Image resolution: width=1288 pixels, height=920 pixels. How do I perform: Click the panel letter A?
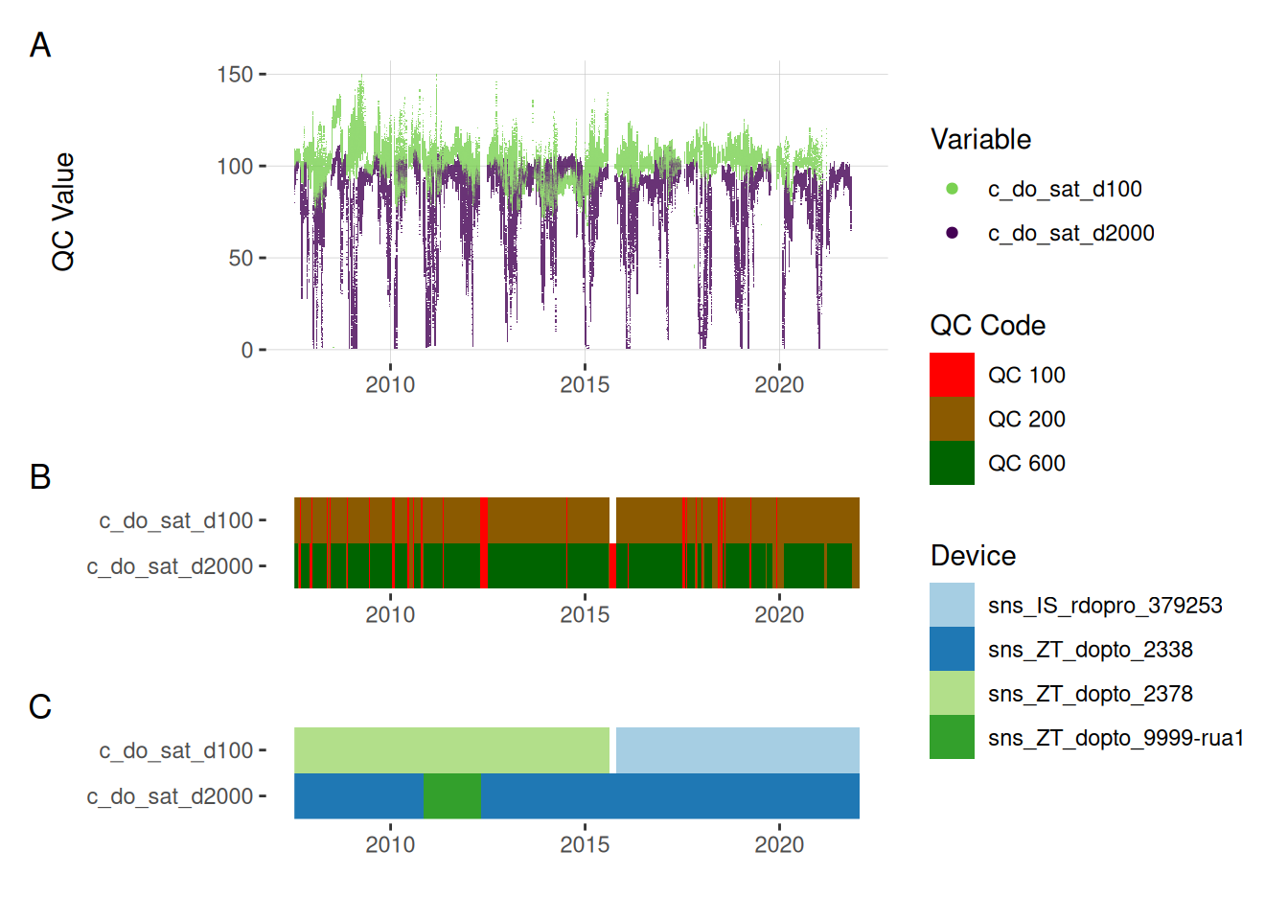pos(40,45)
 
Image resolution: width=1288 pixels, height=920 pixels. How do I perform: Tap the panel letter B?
pos(40,476)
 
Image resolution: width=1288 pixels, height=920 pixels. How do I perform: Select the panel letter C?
pos(40,706)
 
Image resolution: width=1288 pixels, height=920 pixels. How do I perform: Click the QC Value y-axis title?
pos(63,212)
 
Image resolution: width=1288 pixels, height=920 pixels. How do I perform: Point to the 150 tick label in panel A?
pos(235,75)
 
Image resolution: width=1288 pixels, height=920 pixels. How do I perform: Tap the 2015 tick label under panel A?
pos(585,384)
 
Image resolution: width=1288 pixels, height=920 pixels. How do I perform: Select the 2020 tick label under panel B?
pos(779,614)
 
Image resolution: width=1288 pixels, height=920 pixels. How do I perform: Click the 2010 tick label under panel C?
pos(390,844)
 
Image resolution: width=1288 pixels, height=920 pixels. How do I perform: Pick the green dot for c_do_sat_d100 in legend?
pos(952,189)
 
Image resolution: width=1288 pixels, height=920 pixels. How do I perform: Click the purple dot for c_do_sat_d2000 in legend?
pos(952,233)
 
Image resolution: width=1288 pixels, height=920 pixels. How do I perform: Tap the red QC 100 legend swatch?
pos(952,375)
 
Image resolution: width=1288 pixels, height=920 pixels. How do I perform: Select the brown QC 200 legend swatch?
pos(952,419)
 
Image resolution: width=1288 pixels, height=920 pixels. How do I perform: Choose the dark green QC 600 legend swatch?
pos(952,463)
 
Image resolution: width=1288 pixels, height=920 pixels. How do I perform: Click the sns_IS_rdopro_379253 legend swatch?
pos(952,605)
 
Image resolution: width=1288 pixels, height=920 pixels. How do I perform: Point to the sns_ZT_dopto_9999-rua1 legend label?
pos(1115,738)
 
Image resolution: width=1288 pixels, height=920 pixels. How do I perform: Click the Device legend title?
pos(973,556)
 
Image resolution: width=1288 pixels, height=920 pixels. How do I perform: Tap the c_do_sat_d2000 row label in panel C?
pos(170,796)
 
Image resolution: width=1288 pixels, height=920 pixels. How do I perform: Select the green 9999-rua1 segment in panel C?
pos(451,796)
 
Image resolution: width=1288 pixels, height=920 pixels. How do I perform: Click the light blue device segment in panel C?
pos(737,750)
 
